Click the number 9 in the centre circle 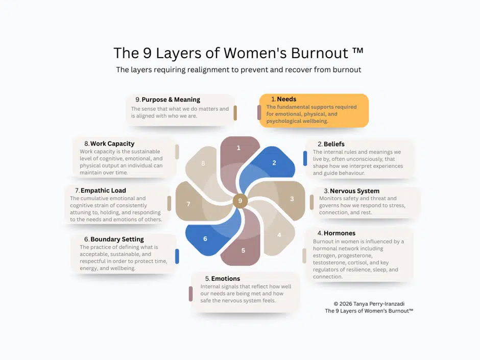[x=240, y=201]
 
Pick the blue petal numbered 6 [x=205, y=238]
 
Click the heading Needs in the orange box [x=286, y=99]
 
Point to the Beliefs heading [x=334, y=144]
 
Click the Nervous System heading [x=354, y=191]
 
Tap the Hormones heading [x=340, y=233]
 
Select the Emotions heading [x=225, y=278]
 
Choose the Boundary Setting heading [x=117, y=239]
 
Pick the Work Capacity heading [x=112, y=143]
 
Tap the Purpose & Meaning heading [x=171, y=100]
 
